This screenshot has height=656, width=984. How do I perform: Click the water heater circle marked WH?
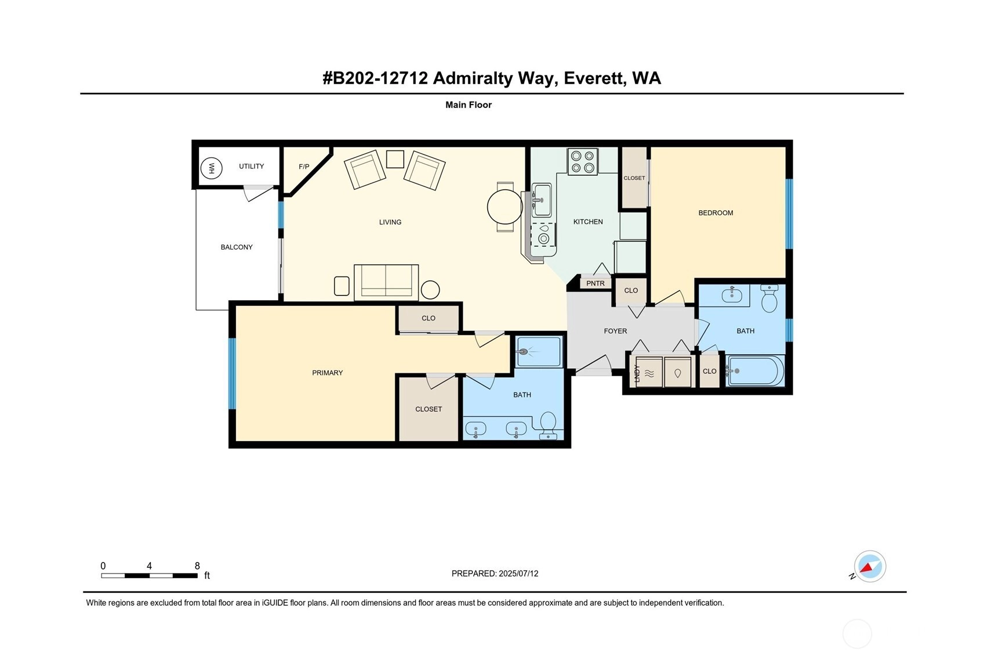point(211,168)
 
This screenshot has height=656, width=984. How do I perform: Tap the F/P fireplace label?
point(304,167)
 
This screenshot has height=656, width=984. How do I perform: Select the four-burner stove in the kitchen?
point(583,162)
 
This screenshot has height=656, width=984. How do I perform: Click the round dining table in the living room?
point(504,207)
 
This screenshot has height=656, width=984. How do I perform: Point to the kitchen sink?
point(542,200)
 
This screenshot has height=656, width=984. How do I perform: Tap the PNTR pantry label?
point(596,283)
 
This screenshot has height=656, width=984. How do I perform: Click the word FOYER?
point(615,331)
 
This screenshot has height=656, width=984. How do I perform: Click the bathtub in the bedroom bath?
point(755,370)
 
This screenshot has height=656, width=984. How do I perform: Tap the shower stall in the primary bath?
point(539,352)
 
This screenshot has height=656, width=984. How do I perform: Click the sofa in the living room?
point(386,282)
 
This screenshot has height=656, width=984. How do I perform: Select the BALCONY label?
point(237,247)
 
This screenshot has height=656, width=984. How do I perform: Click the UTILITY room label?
point(251,166)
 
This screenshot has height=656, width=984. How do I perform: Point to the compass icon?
point(870,566)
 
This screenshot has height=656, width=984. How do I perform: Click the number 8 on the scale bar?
point(197,566)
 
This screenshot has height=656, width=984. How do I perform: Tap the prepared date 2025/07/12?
point(518,574)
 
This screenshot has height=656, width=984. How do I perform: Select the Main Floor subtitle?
point(469,104)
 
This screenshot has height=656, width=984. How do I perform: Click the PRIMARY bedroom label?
point(327,373)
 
